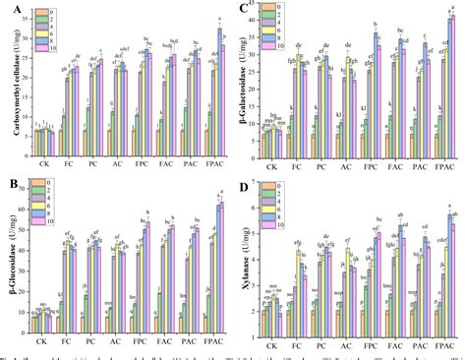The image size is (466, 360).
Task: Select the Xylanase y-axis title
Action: (245, 258)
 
